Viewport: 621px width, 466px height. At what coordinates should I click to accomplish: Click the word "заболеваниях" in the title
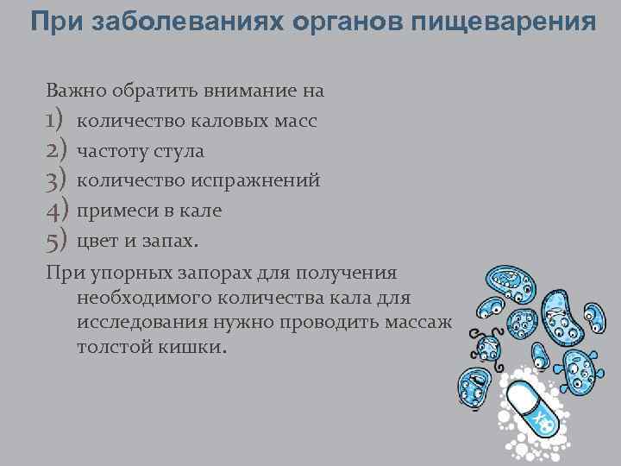click(160, 22)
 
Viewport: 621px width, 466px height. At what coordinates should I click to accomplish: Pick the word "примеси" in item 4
click(112, 211)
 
